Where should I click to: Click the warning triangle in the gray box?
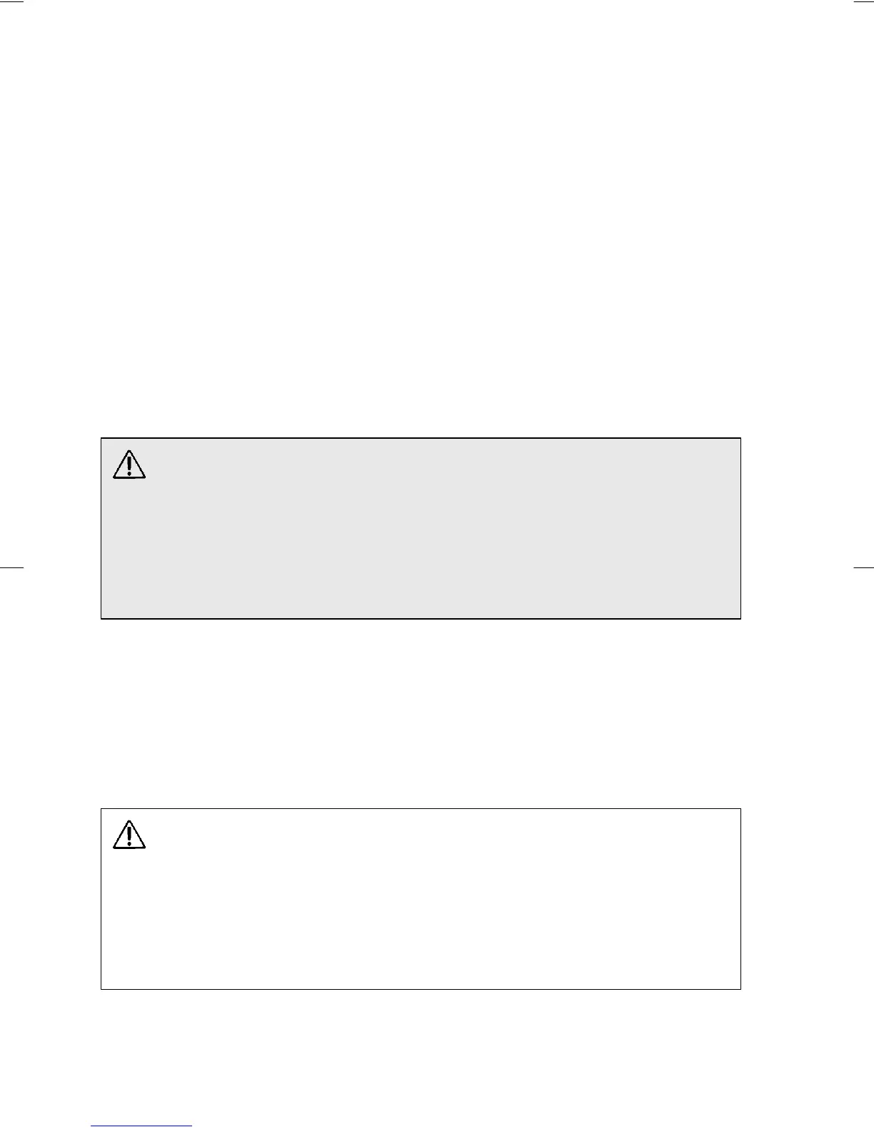(x=129, y=465)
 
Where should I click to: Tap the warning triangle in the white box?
(x=129, y=835)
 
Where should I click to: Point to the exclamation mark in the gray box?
(x=129, y=466)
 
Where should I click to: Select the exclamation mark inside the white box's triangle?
(x=129, y=836)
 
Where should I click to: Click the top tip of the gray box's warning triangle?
(x=129, y=451)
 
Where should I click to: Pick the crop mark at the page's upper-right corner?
(x=863, y=1)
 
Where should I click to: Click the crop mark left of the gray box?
(x=12, y=567)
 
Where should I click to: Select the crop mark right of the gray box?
(x=863, y=567)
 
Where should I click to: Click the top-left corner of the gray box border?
(x=101, y=439)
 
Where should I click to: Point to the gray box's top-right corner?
(x=740, y=439)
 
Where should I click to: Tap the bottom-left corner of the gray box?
(x=101, y=618)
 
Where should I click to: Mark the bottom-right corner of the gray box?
(x=740, y=618)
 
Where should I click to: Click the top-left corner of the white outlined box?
(x=101, y=810)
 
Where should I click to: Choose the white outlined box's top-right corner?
(x=740, y=810)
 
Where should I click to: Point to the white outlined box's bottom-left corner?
(x=101, y=989)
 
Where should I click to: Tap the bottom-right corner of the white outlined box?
(x=740, y=989)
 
